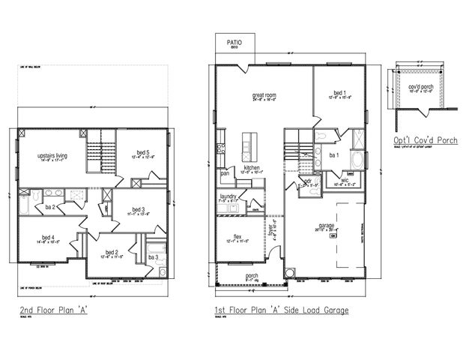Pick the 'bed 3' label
pos(138,209)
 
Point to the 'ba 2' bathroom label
pos(52,205)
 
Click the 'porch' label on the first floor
pos(252,274)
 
